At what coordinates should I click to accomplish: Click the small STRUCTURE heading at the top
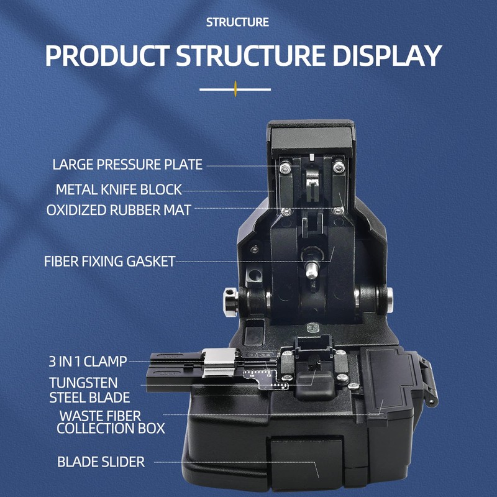(x=238, y=22)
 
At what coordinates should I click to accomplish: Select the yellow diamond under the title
(x=235, y=89)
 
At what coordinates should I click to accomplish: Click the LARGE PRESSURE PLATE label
(x=127, y=165)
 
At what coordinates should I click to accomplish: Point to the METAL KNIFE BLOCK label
(x=119, y=189)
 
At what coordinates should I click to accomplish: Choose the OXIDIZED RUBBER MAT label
(x=119, y=210)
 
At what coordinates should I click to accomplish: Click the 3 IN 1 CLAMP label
(x=88, y=361)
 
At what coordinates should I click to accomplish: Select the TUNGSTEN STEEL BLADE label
(x=89, y=390)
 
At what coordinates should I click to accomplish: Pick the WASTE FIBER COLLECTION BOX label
(x=111, y=422)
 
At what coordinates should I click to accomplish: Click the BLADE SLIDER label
(x=101, y=462)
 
